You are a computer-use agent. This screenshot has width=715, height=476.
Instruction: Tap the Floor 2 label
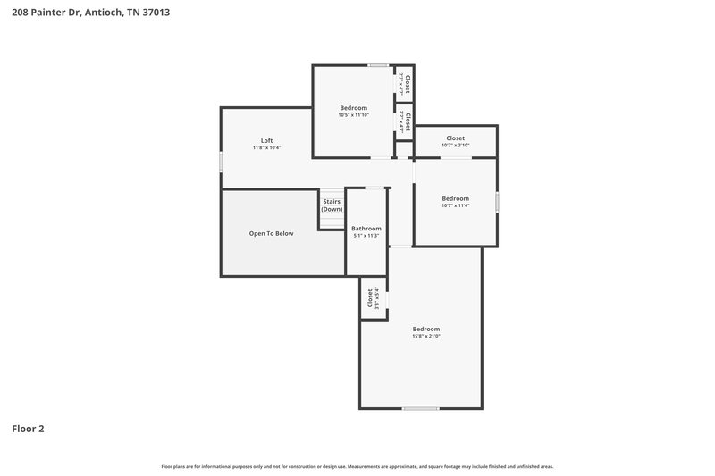[28, 429]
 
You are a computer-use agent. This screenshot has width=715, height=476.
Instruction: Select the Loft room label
[266, 140]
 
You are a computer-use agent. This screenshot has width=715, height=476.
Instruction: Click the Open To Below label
[271, 233]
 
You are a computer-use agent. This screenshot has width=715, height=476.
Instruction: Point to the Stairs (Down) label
[332, 205]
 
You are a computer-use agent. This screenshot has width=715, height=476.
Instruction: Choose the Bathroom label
[366, 228]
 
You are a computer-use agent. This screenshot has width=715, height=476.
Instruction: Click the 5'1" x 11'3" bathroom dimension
[366, 236]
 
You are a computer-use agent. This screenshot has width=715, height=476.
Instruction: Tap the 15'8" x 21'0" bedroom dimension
[425, 336]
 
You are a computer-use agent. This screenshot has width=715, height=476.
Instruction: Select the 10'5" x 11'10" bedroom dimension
[353, 115]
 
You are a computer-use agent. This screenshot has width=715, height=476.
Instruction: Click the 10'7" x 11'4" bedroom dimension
[455, 205]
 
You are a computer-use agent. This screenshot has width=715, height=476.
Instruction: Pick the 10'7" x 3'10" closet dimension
[455, 146]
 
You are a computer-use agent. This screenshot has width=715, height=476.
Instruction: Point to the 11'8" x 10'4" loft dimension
[266, 148]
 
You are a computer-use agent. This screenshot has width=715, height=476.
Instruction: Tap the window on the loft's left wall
[222, 162]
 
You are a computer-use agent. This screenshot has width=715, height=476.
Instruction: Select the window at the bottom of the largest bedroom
[420, 409]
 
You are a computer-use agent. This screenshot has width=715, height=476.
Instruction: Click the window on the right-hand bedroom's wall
[497, 202]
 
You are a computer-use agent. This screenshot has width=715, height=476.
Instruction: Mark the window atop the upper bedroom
[378, 65]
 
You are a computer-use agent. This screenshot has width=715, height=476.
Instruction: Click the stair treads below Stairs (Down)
[332, 221]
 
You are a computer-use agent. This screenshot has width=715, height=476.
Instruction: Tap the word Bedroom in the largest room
[425, 329]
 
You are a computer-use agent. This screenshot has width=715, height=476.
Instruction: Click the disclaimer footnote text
[357, 466]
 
